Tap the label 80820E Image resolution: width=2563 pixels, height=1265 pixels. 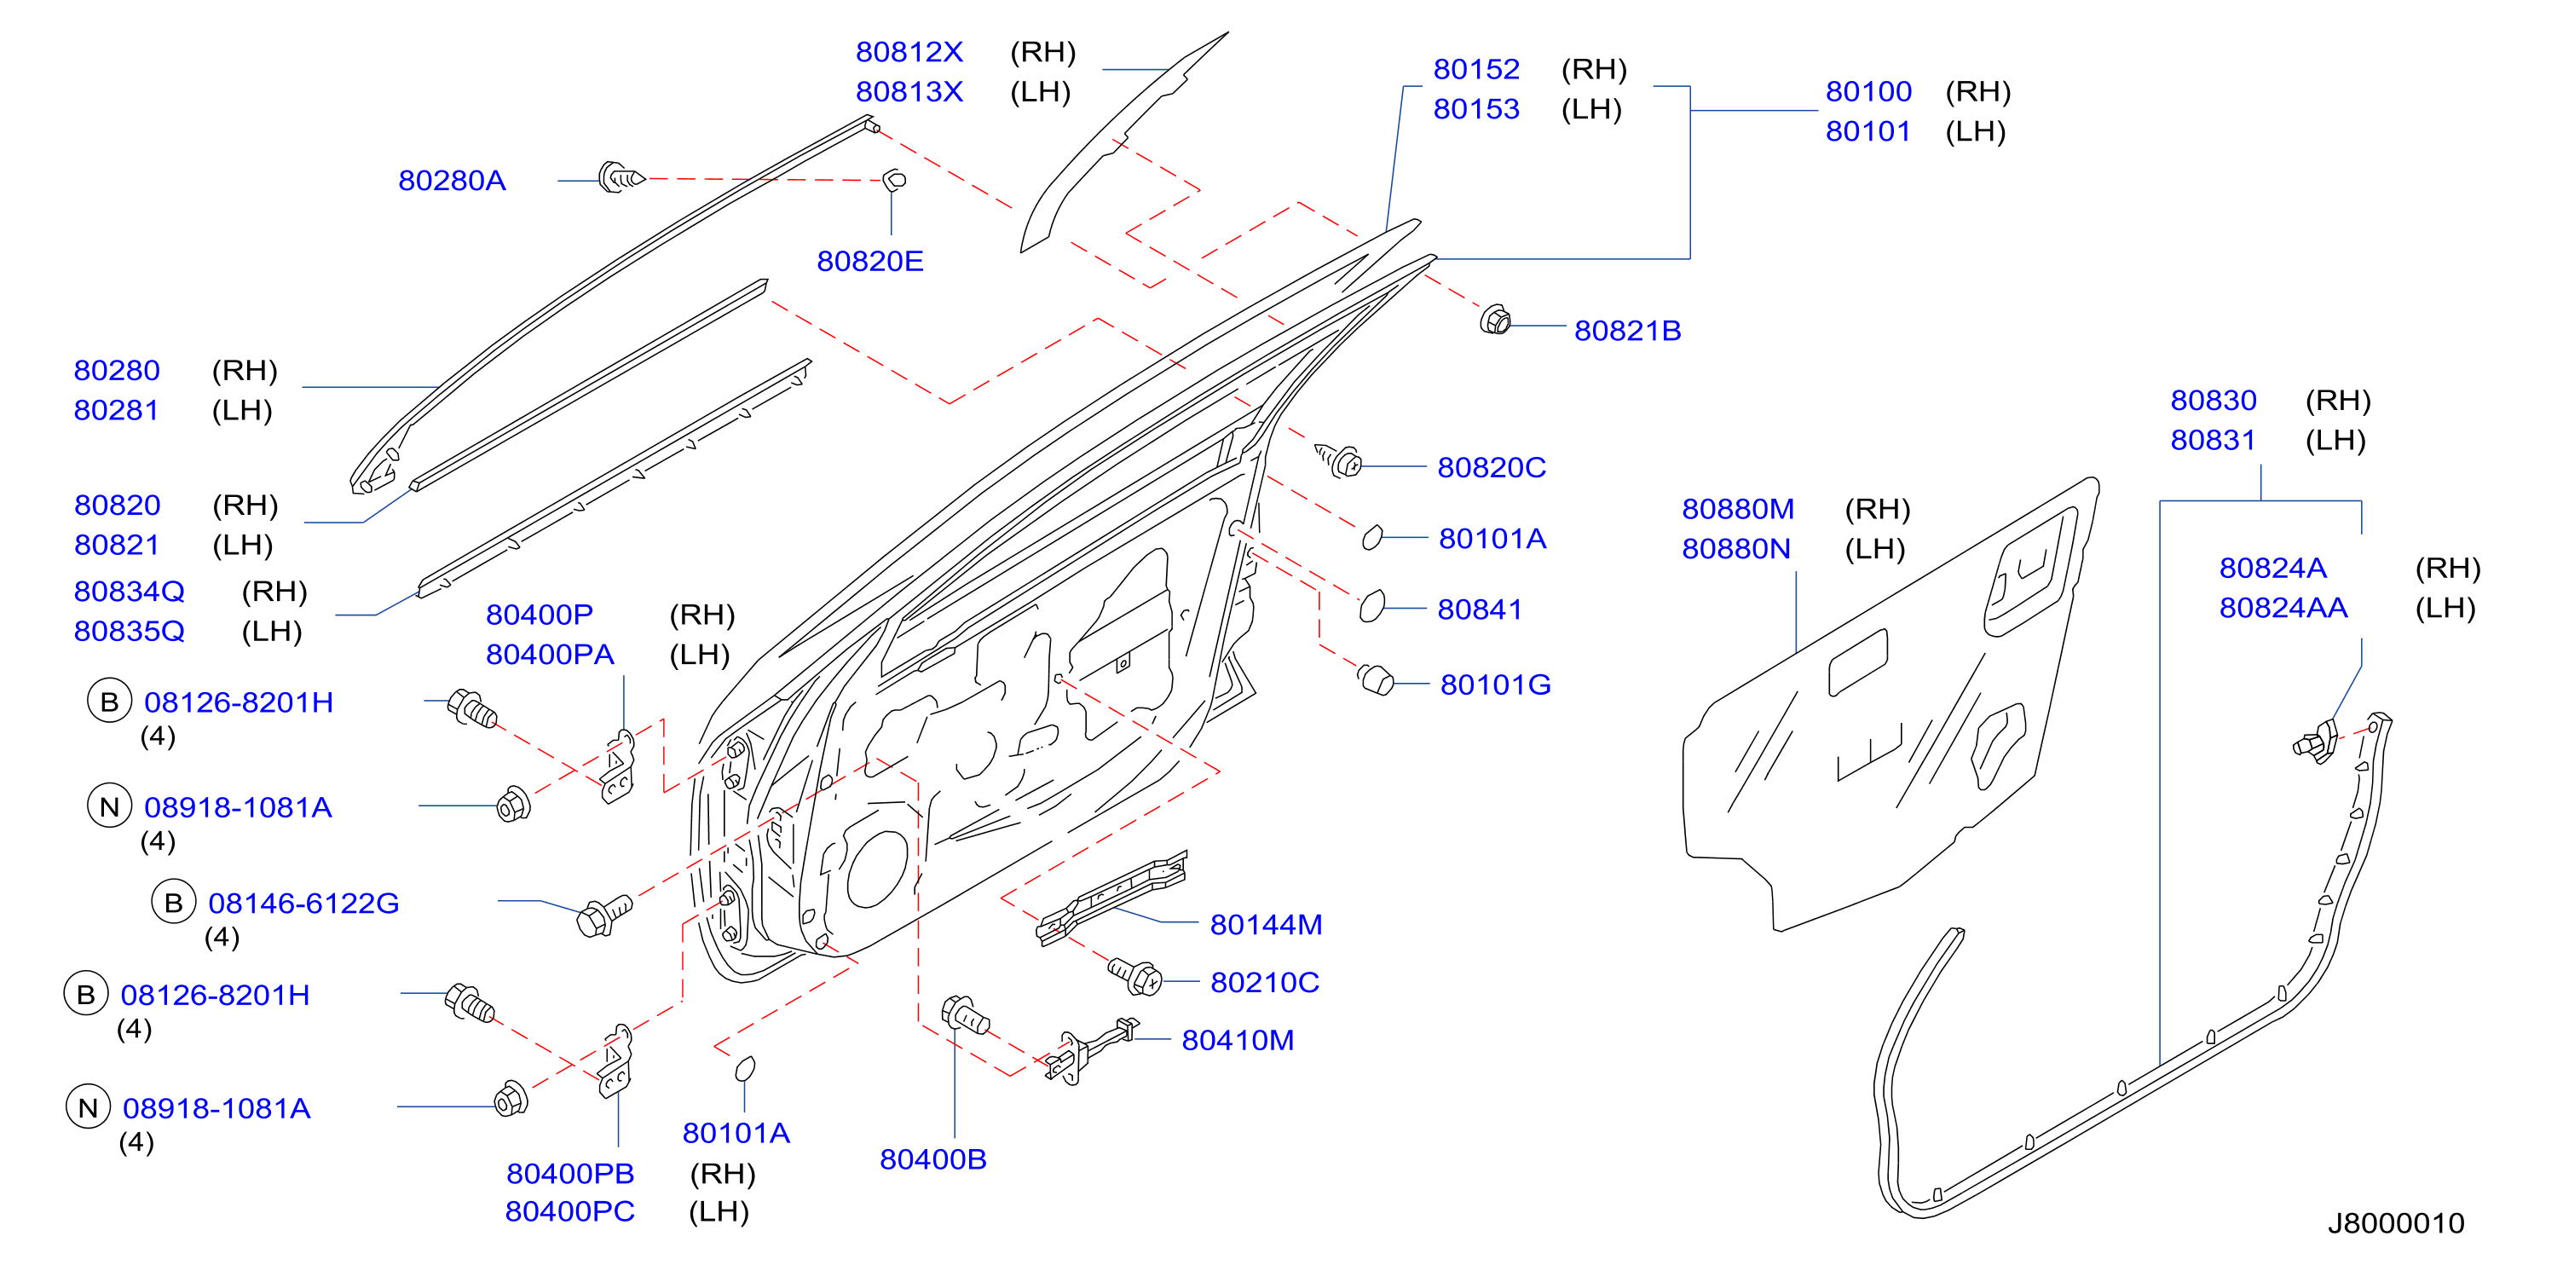869,261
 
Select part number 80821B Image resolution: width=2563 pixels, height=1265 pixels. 1627,331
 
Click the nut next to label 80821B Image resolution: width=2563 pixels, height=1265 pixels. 1494,321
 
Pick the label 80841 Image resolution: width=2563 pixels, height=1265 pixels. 1479,609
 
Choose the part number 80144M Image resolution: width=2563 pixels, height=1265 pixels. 1266,925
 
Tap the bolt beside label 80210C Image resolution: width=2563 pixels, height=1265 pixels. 1134,974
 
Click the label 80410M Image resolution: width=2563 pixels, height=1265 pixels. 1237,1040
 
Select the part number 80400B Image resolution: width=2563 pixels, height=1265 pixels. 932,1159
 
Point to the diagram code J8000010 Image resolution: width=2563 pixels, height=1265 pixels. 2396,1223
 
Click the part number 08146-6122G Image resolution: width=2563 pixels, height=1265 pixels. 303,903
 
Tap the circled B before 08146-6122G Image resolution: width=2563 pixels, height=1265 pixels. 173,902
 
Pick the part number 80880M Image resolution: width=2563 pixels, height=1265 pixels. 1737,509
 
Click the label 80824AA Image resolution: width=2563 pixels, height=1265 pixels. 2283,607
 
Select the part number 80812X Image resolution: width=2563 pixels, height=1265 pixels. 909,52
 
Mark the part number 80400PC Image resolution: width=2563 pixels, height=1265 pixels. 569,1211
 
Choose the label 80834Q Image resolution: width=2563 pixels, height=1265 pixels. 130,592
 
